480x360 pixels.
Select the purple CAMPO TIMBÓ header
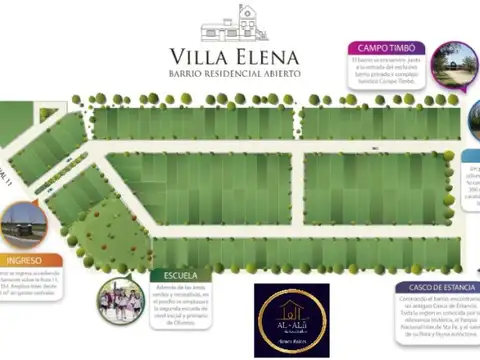pos(386,47)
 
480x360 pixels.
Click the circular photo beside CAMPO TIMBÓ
pos(455,64)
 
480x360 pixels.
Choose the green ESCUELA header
pos(174,274)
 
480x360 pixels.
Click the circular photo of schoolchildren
pos(120,301)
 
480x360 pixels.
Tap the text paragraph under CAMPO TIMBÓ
pos(385,75)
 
